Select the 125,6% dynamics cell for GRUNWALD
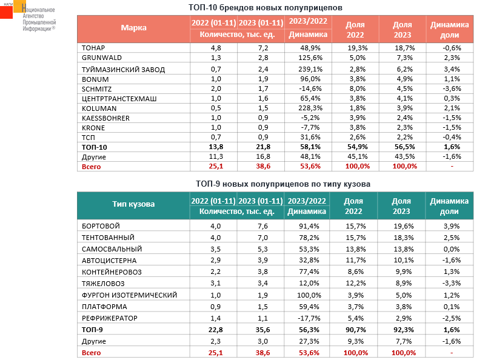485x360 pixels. tap(309, 58)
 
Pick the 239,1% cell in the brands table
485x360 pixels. tap(309, 69)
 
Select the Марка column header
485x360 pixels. tap(133, 28)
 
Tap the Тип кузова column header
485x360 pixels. tap(133, 204)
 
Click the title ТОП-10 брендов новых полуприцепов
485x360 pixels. tap(266, 8)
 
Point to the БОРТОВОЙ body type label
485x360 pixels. tap(100, 225)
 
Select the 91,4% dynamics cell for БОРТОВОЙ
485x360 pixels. tap(308, 225)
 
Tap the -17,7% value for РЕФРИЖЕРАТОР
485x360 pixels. tap(308, 318)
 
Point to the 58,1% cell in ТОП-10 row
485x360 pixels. tap(309, 147)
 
